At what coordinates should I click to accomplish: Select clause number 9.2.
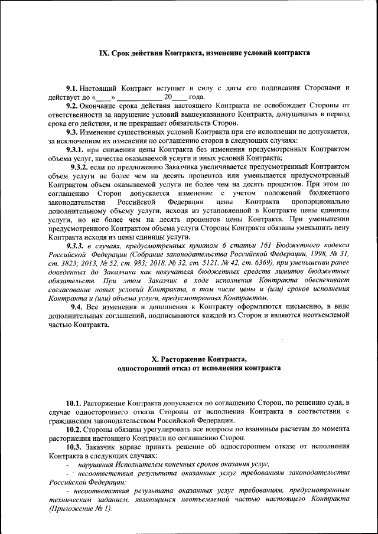pyautogui.click(x=72, y=106)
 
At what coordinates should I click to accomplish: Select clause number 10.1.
pyautogui.click(x=74, y=402)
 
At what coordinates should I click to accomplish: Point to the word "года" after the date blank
pyautogui.click(x=197, y=96)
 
